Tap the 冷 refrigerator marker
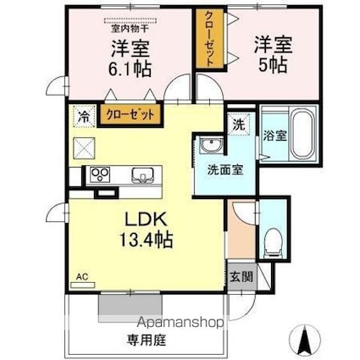tap(83, 116)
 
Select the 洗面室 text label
tap(225, 168)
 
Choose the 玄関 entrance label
tap(240, 275)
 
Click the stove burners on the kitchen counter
tap(99, 176)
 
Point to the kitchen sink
tap(141, 176)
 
